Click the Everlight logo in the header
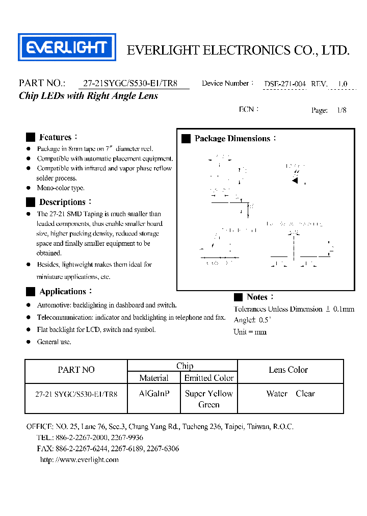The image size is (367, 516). point(67,47)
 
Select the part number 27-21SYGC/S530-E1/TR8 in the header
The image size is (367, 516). point(130,84)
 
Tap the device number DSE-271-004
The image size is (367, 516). point(284,84)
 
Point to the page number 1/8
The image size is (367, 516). point(342,110)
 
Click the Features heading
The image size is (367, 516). point(55,137)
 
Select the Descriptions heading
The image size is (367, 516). point(62,202)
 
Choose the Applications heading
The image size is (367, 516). point(63,292)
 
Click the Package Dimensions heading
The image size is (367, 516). point(232,139)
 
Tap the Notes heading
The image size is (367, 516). point(257,297)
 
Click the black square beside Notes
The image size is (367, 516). point(238,297)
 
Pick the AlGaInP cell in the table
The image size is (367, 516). point(154,394)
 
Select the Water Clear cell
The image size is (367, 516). point(291,394)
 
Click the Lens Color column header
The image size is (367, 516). point(288,370)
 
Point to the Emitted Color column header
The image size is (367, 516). point(209,378)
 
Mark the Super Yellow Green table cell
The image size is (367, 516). point(209,399)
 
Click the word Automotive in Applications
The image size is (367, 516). point(54,305)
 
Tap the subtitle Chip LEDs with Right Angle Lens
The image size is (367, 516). point(88,96)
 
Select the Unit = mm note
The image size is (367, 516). point(250,332)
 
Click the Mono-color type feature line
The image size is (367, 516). point(61,188)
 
